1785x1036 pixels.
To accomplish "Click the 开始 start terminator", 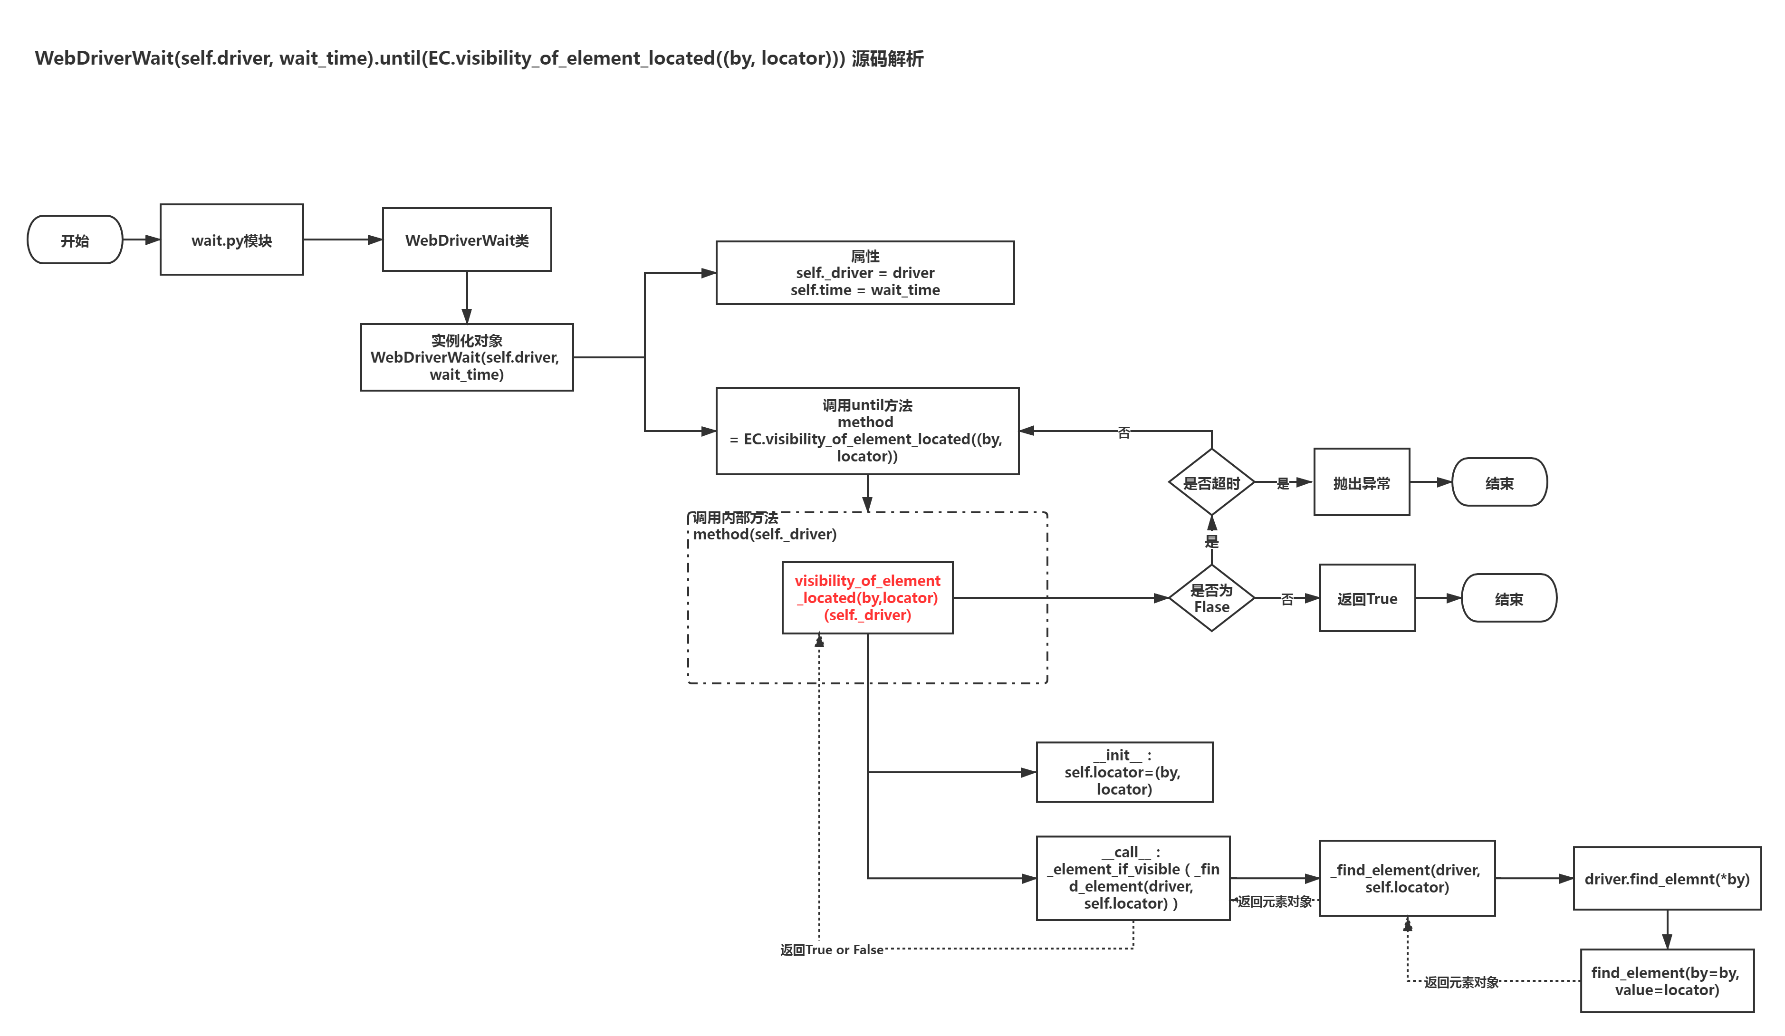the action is coord(75,240).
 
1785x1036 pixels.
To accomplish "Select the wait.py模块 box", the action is coord(231,240).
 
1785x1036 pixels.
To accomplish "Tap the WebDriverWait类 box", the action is coord(467,240).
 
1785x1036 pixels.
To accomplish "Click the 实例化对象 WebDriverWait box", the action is coord(467,357).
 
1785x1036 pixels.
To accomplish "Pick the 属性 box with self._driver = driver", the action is coord(865,273).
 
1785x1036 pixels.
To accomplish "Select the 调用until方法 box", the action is coord(868,431).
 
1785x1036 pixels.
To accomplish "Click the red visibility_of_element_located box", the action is coord(868,598).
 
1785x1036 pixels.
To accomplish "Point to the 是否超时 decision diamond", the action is coord(1212,482).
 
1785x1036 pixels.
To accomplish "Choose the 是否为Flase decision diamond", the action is coord(1212,598).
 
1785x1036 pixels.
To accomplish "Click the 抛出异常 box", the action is coord(1362,482).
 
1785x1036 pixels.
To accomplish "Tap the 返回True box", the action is coord(1367,598).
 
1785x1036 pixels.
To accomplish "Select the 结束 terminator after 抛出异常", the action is coord(1499,482).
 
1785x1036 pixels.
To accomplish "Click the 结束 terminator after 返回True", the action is coord(1509,598).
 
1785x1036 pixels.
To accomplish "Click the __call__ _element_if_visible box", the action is coord(1133,878).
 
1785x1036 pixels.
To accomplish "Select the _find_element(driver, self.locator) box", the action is coord(1408,878).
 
